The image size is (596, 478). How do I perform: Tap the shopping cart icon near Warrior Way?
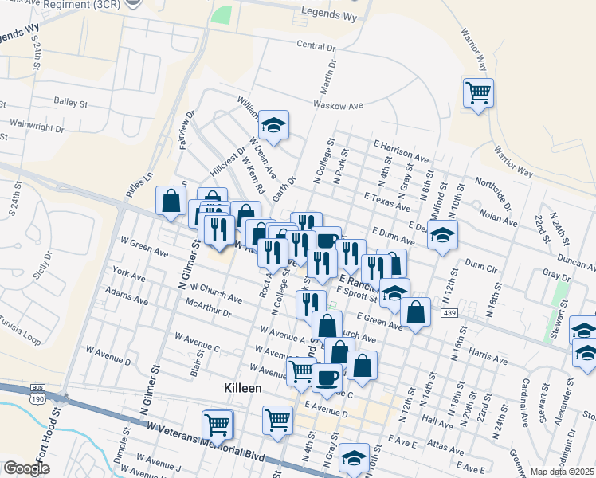tap(478, 93)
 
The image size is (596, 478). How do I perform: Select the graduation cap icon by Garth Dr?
tap(273, 125)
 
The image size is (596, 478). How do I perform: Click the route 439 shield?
tap(441, 315)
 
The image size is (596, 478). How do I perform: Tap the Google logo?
tap(26, 468)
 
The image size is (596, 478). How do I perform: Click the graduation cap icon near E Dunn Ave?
tap(441, 236)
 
